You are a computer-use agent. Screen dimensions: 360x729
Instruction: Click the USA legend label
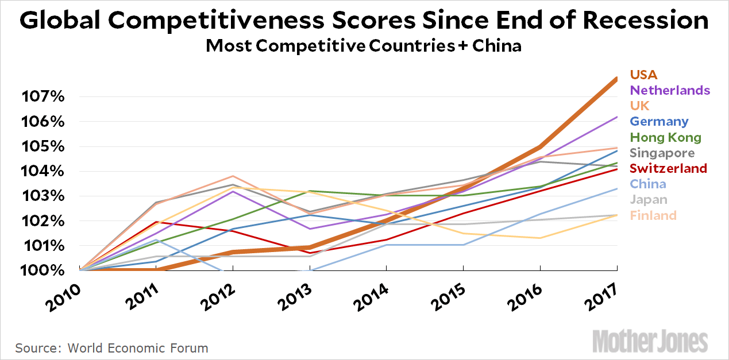[x=643, y=75]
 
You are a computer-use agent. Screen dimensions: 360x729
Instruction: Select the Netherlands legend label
[x=670, y=90]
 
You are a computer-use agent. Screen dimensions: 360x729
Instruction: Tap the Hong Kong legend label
[x=665, y=138]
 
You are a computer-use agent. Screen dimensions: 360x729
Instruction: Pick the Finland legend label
[x=653, y=216]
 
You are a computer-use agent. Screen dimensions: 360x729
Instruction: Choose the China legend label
[x=648, y=184]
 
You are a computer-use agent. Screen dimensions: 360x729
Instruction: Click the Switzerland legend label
[x=668, y=169]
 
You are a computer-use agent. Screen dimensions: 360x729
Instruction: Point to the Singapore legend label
[x=662, y=153]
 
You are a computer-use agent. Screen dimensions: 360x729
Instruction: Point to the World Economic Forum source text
[x=138, y=348]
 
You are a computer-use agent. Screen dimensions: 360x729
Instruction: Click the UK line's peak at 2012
[x=233, y=176]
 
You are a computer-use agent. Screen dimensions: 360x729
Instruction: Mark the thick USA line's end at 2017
[x=616, y=79]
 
